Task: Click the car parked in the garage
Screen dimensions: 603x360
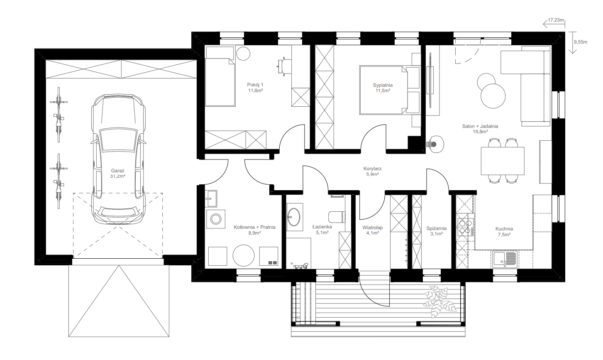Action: (x=118, y=159)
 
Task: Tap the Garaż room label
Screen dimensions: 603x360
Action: (x=117, y=171)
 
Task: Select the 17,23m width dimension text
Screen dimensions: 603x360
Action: (x=556, y=20)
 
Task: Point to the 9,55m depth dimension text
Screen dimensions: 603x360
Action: (x=581, y=42)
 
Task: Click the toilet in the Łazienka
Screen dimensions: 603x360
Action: (x=337, y=217)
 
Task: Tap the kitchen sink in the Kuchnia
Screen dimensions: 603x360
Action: (x=505, y=260)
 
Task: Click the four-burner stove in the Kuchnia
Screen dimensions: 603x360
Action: (x=465, y=227)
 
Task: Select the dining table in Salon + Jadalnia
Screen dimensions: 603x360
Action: (x=503, y=161)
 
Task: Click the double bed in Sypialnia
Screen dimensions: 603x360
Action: (x=390, y=90)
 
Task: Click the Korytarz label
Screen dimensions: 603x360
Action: (x=372, y=169)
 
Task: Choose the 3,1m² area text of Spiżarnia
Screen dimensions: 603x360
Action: (x=436, y=234)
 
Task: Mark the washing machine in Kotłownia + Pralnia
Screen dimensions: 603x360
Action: (x=216, y=219)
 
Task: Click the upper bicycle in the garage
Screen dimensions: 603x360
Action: (x=59, y=115)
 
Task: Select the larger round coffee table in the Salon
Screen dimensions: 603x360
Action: (x=493, y=96)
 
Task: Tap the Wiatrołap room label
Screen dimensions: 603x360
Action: (x=372, y=228)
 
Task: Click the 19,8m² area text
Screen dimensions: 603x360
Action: (x=480, y=132)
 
